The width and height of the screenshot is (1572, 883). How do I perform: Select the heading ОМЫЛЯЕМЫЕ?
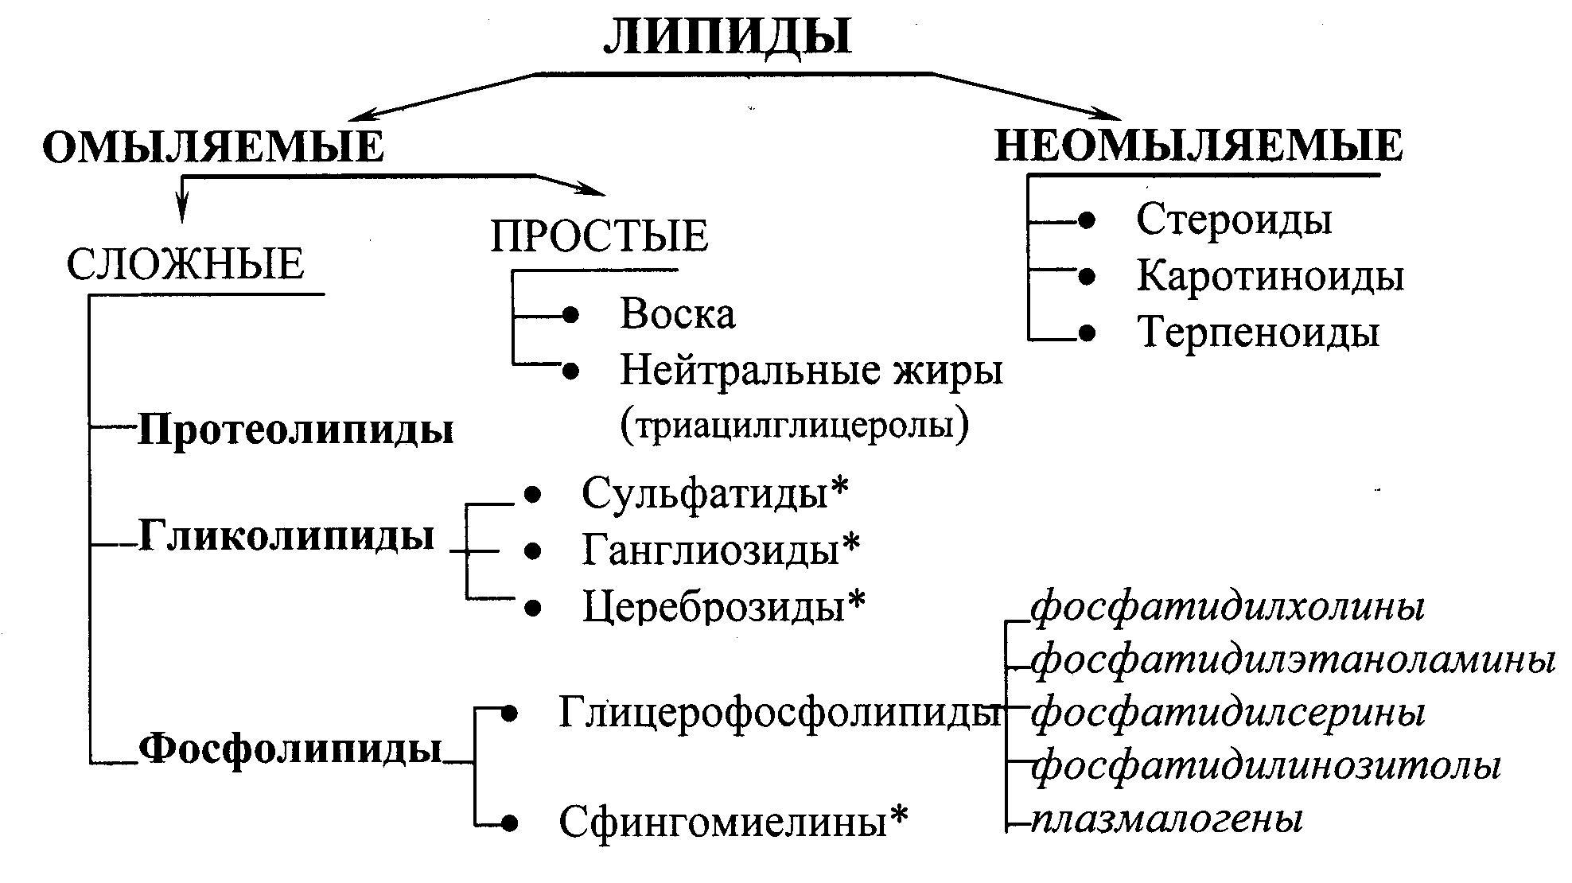[x=213, y=147]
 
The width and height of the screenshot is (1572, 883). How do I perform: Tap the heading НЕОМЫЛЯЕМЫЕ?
[x=1199, y=146]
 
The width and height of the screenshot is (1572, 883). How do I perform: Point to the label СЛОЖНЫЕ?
[x=185, y=264]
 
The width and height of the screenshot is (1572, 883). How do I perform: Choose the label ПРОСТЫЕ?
[x=599, y=235]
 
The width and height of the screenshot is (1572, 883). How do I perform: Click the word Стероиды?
[x=1234, y=219]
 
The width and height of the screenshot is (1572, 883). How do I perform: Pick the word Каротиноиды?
[x=1270, y=276]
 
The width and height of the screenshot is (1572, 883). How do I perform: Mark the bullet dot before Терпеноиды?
[x=1087, y=333]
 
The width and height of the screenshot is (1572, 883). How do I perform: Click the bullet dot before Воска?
[x=570, y=315]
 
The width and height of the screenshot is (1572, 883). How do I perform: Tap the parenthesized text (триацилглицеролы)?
[x=795, y=426]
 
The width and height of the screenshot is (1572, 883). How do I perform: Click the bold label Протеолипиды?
[x=296, y=430]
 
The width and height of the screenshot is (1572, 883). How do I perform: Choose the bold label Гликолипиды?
[x=286, y=535]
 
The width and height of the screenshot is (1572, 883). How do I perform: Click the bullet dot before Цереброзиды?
[x=533, y=609]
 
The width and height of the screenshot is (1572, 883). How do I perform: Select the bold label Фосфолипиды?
[x=290, y=748]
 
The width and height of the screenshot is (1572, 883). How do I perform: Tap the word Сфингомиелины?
[x=722, y=821]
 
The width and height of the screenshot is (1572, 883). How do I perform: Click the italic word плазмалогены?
[x=1167, y=820]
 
